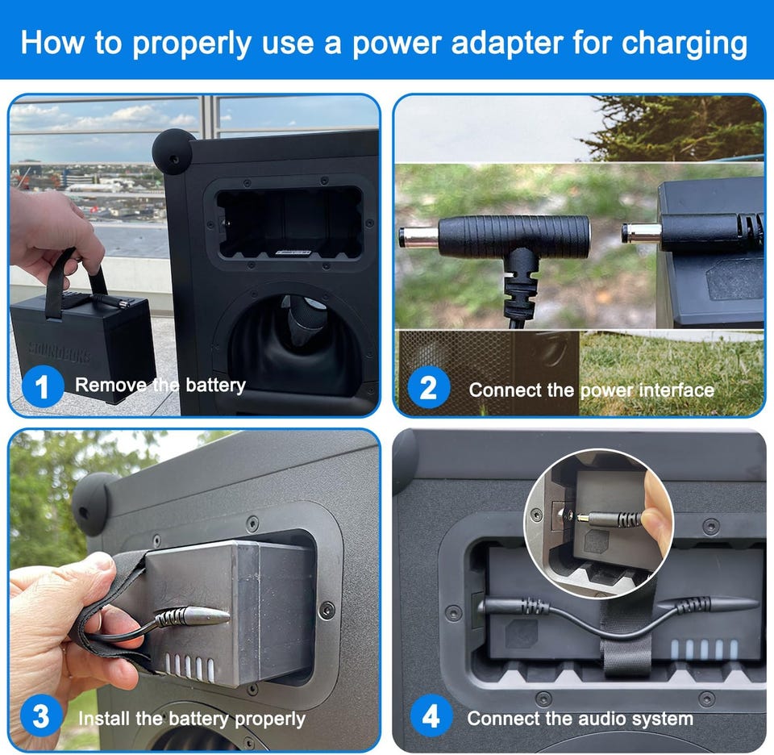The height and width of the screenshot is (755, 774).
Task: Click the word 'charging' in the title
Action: click(684, 44)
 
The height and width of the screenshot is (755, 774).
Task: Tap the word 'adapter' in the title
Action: click(507, 44)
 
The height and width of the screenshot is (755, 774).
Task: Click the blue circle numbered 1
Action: click(43, 386)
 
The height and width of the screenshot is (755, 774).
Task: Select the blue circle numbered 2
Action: click(428, 388)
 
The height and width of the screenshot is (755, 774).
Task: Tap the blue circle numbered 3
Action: click(41, 715)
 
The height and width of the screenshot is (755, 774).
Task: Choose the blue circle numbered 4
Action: click(431, 715)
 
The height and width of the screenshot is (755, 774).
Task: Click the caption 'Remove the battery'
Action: click(160, 385)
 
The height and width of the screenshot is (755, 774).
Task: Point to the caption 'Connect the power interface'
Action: click(591, 390)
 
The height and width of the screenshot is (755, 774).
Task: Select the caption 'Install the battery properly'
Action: click(192, 719)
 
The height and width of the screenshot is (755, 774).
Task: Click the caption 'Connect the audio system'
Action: click(580, 719)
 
